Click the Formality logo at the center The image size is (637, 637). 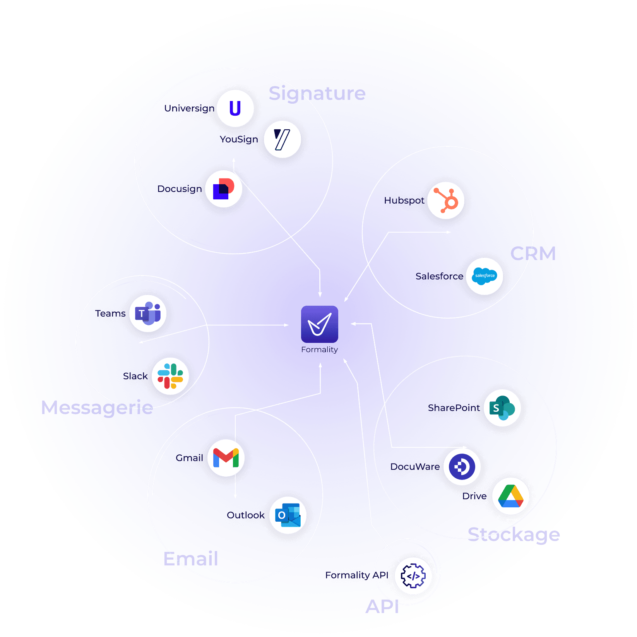point(319,324)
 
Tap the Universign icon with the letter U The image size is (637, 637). point(235,108)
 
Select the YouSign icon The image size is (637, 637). point(282,139)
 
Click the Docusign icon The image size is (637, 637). point(224,189)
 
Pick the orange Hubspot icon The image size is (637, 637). point(446,200)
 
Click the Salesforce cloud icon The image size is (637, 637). point(484,276)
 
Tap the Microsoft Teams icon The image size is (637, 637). point(148,313)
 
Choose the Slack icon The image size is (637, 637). point(170,376)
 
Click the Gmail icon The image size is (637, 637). point(226,458)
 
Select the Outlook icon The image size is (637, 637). point(288,515)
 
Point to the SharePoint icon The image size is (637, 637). point(502,408)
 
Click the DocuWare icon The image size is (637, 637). point(462,467)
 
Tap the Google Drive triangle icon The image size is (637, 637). point(511,496)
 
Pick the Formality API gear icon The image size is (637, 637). point(413,576)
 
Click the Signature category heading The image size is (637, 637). point(317,94)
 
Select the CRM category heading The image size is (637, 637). point(533,254)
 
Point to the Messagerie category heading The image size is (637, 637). point(97,408)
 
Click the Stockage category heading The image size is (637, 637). point(514,535)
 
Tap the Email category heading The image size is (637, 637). point(191,559)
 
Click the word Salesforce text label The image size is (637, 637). point(439,276)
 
